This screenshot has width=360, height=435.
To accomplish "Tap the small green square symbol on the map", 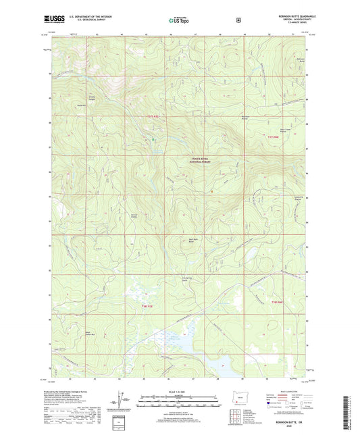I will (x=153, y=139).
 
